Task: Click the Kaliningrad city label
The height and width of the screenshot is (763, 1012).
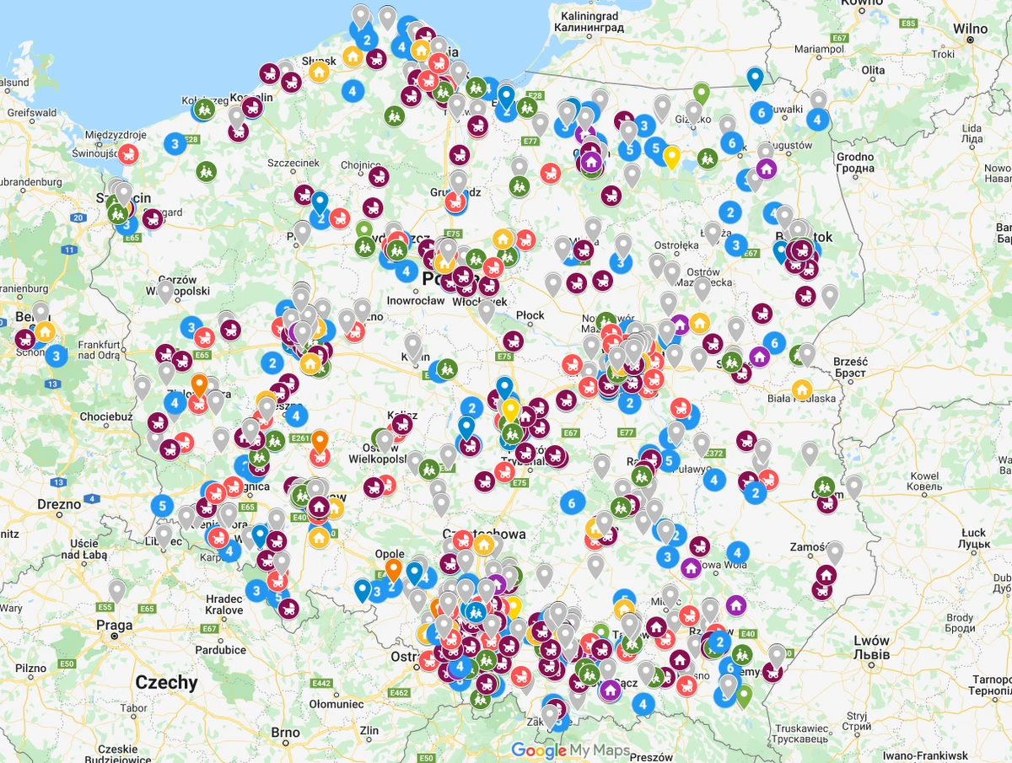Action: [x=589, y=16]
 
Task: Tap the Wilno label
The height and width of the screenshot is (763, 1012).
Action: [x=970, y=28]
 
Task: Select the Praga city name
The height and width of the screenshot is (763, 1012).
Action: [x=114, y=626]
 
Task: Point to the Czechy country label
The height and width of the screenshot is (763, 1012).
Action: [x=166, y=682]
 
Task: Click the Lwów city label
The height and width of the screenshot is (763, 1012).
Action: [x=871, y=640]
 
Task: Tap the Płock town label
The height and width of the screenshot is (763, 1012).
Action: [x=530, y=315]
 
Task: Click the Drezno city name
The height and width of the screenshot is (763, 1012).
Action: [x=59, y=504]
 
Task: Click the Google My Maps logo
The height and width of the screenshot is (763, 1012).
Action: [x=570, y=750]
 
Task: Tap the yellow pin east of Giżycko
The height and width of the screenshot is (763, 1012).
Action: [x=671, y=157]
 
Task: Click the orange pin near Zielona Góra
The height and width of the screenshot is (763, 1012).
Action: [x=199, y=385]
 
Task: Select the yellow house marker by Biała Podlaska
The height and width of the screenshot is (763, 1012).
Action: [x=801, y=390]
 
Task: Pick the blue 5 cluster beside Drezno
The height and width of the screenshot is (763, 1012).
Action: [x=162, y=506]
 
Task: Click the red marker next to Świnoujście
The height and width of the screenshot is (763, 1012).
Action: [x=128, y=154]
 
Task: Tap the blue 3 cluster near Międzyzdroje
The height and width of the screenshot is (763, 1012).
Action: [x=175, y=143]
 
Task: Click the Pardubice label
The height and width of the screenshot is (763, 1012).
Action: [x=221, y=650]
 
